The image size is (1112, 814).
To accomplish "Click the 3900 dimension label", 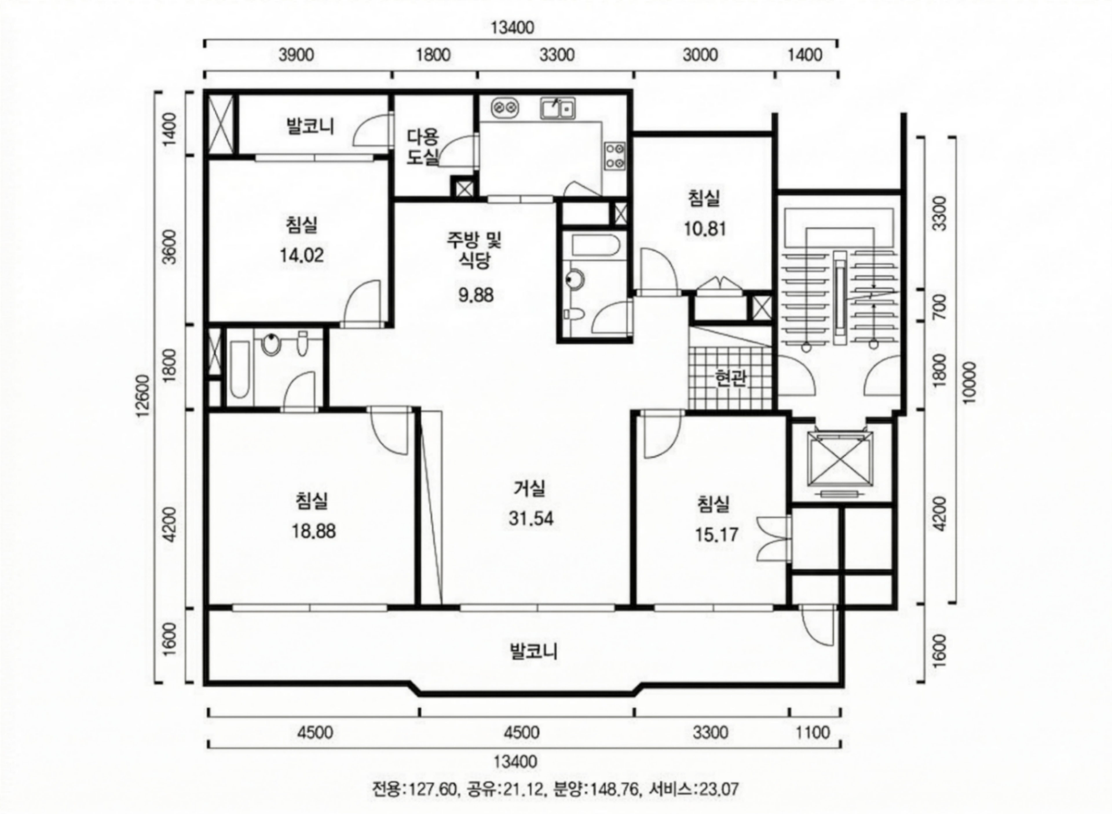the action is click(x=296, y=55).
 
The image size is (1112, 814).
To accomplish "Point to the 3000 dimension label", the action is click(x=700, y=55).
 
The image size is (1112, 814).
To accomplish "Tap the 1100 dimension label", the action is click(x=813, y=733).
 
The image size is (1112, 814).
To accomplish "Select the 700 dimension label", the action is click(x=940, y=306).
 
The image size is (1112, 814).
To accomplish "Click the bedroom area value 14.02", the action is click(x=302, y=255).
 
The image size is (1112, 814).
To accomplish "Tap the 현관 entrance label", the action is click(x=731, y=378).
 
